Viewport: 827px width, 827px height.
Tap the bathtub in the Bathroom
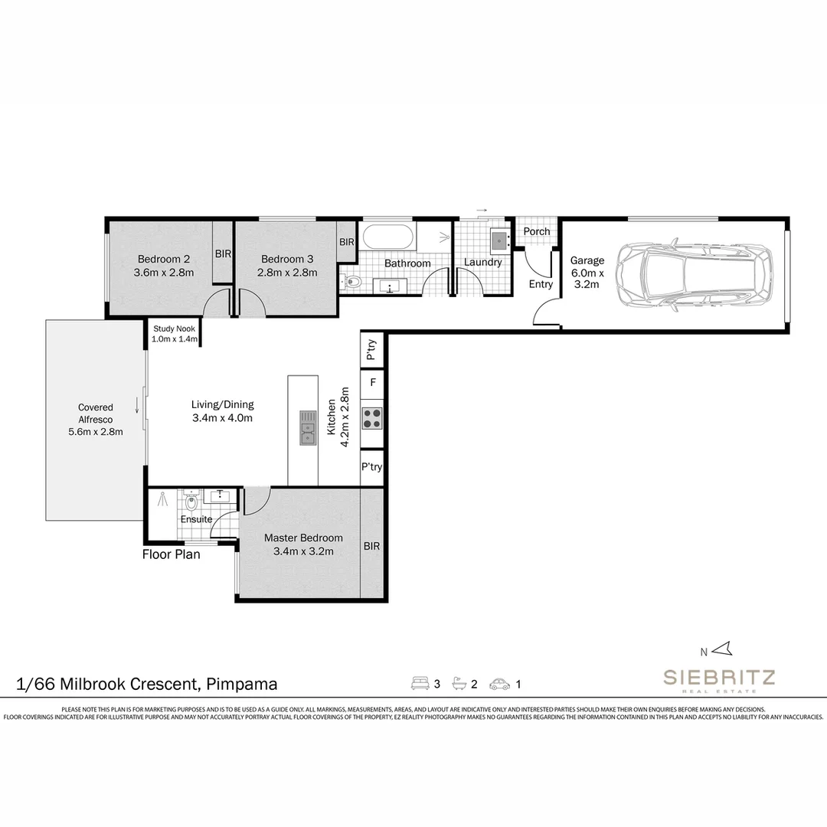point(389,237)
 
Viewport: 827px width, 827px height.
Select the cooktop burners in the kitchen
point(372,418)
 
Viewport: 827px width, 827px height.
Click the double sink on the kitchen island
point(308,428)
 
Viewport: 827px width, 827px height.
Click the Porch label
point(536,231)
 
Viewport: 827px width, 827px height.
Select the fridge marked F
point(372,382)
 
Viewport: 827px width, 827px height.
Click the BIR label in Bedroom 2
point(223,253)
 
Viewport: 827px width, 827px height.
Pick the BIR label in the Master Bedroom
point(371,546)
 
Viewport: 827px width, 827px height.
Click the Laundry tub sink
point(499,240)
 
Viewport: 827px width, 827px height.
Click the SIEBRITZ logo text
point(719,677)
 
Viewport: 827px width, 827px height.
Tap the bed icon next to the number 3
point(420,684)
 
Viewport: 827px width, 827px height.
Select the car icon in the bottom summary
point(499,684)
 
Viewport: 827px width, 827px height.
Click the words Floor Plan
point(172,554)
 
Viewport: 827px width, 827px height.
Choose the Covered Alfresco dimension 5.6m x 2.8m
point(96,432)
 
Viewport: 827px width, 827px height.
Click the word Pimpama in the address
point(241,684)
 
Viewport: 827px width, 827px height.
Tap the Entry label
point(541,284)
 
